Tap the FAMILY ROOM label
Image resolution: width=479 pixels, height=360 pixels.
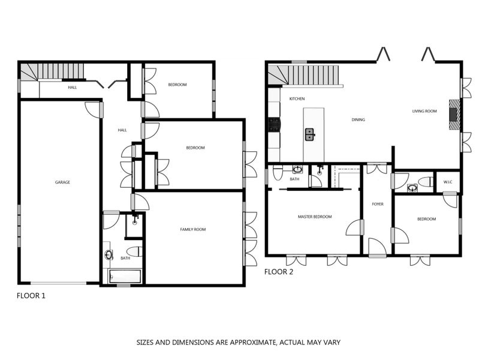pos(193,229)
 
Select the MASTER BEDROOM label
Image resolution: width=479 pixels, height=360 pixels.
pos(315,217)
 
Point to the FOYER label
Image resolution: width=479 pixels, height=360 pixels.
pos(377,204)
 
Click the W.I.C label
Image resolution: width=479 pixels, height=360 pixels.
pos(447,182)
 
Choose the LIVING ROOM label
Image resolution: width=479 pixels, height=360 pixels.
pos(424,111)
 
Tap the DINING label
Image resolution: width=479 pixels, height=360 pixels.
pos(358,119)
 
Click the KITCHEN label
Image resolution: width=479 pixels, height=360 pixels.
pos(297,98)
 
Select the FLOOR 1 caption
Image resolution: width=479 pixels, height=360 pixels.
pos(31,295)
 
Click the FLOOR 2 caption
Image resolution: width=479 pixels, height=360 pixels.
pos(279,271)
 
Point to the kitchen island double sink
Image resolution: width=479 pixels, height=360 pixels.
pos(309,134)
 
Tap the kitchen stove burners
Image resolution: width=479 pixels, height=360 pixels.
pos(274,125)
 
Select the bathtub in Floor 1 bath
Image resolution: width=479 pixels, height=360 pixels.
pos(124,277)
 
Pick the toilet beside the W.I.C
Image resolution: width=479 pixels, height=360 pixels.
pos(426,182)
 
